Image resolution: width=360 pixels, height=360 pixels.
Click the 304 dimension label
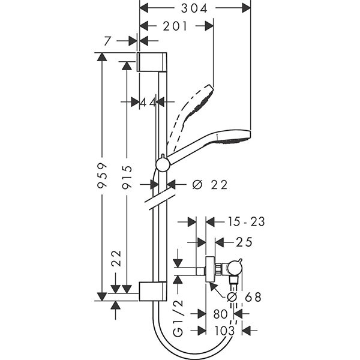195,8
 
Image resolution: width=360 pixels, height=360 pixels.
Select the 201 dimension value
175,26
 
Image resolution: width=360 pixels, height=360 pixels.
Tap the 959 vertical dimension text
103,175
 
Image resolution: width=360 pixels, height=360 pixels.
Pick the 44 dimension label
148,103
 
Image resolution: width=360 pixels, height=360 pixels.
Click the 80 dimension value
221,314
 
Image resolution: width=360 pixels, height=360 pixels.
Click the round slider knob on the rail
161,164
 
